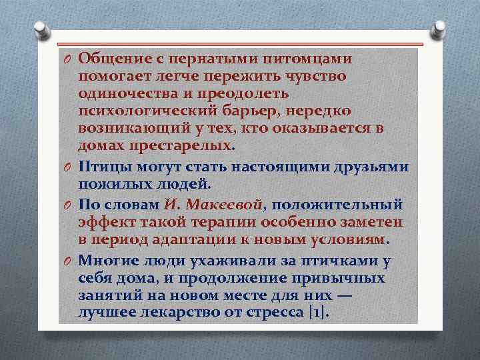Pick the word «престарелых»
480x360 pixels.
(181, 145)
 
